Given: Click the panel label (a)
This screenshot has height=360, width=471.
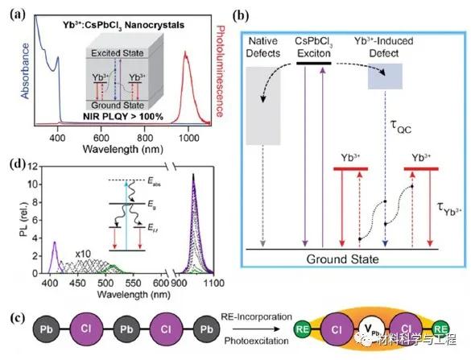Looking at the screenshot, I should (x=11, y=11).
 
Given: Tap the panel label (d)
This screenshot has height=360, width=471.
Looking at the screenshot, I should (x=12, y=167).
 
